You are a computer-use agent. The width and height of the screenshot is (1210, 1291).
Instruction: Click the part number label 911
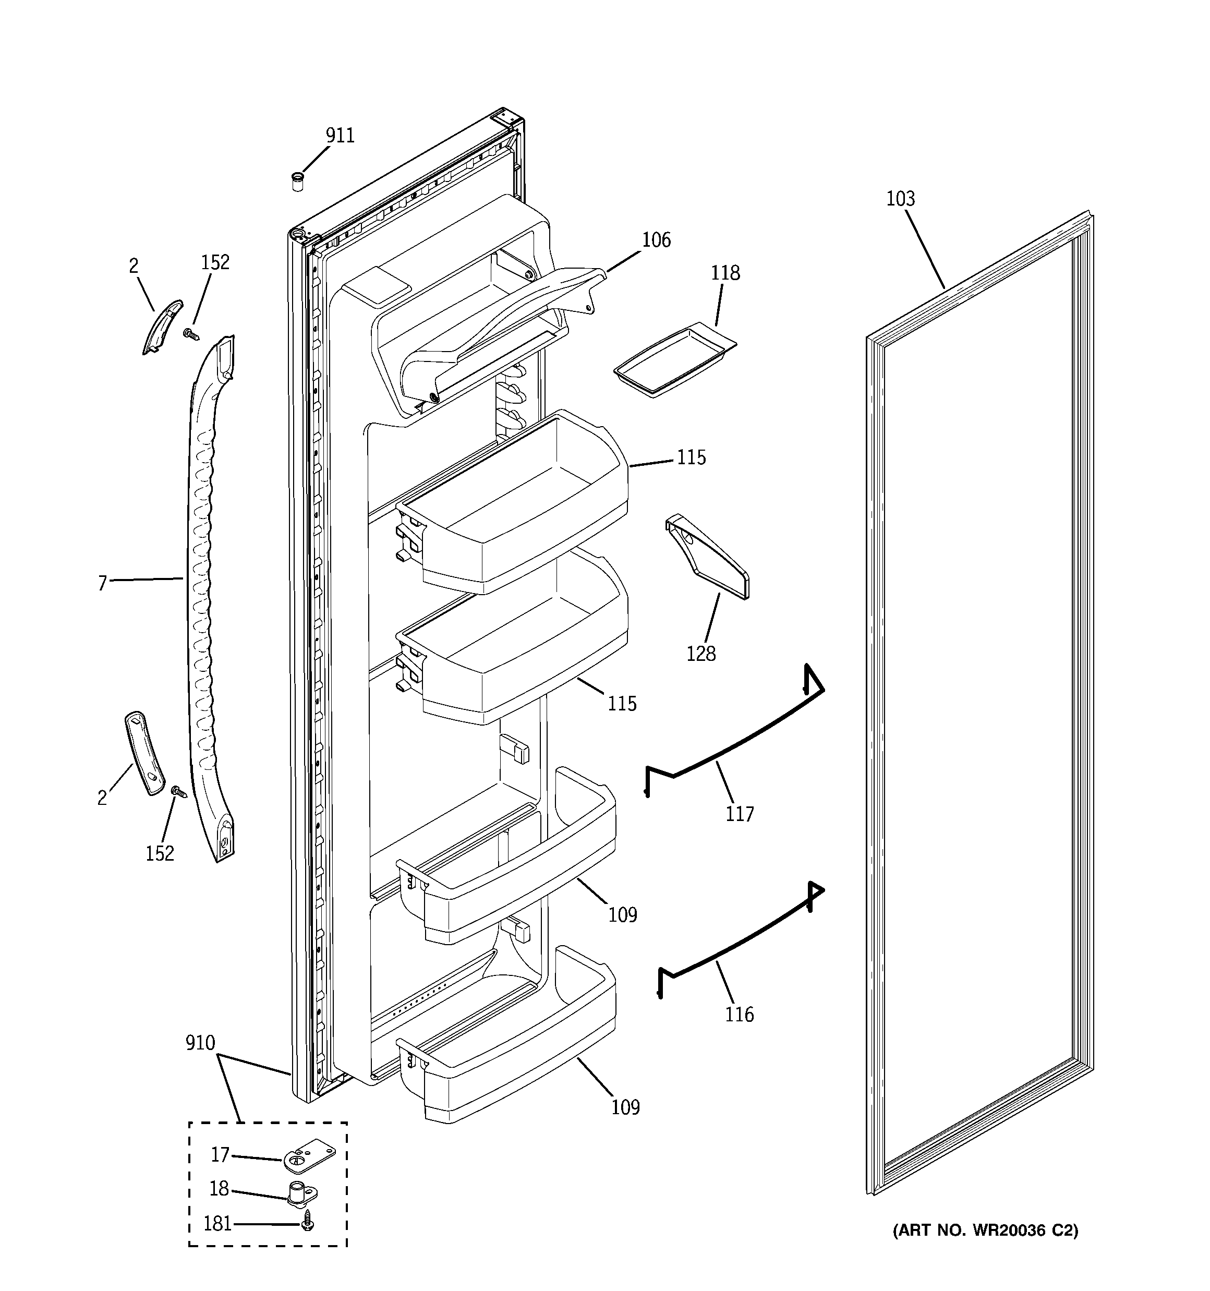click(x=340, y=136)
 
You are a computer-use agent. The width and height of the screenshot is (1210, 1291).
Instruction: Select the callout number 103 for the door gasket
click(x=900, y=199)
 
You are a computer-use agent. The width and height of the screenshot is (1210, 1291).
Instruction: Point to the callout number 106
click(x=656, y=240)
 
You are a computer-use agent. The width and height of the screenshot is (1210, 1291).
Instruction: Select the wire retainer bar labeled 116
click(x=741, y=941)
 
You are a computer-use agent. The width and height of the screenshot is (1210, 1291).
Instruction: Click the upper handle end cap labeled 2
click(x=162, y=327)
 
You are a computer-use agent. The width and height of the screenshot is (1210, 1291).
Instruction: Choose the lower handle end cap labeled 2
click(x=144, y=752)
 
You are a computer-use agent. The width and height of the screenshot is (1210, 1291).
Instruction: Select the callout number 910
click(x=200, y=1043)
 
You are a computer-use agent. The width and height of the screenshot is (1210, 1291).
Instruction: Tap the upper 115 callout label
click(x=691, y=458)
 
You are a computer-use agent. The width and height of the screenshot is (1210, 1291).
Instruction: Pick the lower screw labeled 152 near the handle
click(x=177, y=792)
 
